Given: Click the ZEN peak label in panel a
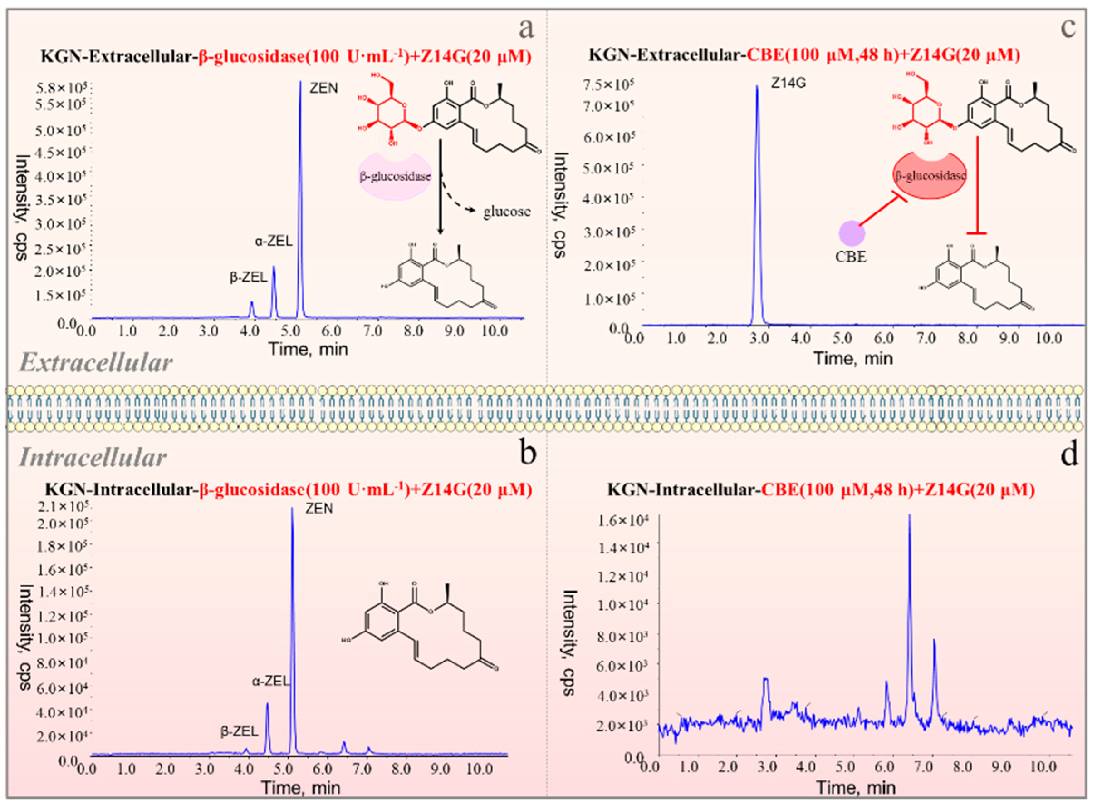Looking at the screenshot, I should pyautogui.click(x=323, y=88).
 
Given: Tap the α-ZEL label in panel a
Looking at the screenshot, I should pyautogui.click(x=274, y=241).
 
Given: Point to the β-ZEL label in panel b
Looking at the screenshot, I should pyautogui.click(x=239, y=732).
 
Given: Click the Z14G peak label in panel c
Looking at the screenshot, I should pyautogui.click(x=788, y=83).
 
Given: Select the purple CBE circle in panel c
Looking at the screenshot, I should pyautogui.click(x=852, y=233).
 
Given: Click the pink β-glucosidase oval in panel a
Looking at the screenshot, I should pyautogui.click(x=396, y=176).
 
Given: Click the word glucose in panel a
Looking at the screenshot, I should pyautogui.click(x=507, y=212).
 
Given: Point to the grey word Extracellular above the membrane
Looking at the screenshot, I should pyautogui.click(x=97, y=363).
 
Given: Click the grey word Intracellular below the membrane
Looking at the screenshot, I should pyautogui.click(x=93, y=458).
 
